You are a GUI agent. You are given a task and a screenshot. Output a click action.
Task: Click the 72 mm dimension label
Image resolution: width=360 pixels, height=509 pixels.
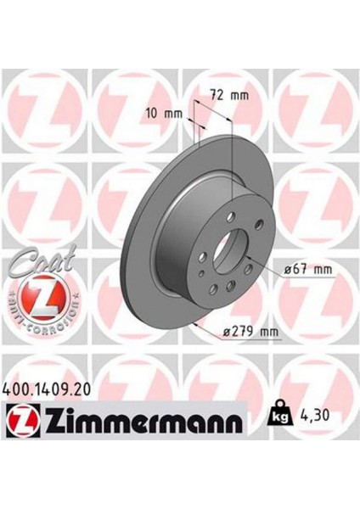(x=230, y=95)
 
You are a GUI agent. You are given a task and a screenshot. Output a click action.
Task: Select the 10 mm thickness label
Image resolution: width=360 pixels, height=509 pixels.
(x=165, y=114)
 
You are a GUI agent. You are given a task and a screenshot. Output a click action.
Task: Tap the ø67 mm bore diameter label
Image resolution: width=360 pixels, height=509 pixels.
(x=307, y=269)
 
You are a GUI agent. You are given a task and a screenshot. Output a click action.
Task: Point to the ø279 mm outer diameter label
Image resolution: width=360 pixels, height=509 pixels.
(x=251, y=332)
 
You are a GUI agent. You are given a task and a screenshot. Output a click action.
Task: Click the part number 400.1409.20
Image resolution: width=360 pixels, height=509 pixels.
(x=46, y=389)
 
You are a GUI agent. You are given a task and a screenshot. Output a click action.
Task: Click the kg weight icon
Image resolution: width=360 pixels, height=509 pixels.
(x=279, y=414)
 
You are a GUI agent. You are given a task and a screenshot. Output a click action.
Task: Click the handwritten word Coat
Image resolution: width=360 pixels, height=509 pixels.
(x=42, y=260)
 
